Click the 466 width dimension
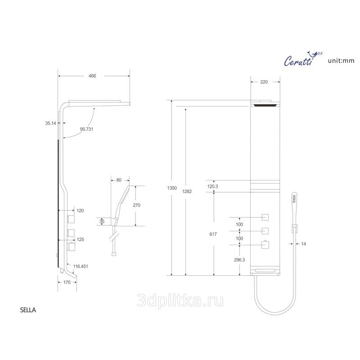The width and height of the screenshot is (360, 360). click(92, 76)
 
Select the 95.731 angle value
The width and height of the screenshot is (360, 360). click(86, 129)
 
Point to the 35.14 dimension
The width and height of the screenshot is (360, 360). click(50, 122)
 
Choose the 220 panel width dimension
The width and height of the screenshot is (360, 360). click(264, 82)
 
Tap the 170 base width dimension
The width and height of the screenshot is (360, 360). click(67, 283)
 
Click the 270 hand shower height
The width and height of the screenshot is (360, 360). click(137, 205)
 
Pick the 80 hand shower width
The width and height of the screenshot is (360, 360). click(119, 180)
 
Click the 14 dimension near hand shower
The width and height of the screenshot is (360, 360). click(303, 244)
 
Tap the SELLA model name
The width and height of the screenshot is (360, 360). click(28, 310)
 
